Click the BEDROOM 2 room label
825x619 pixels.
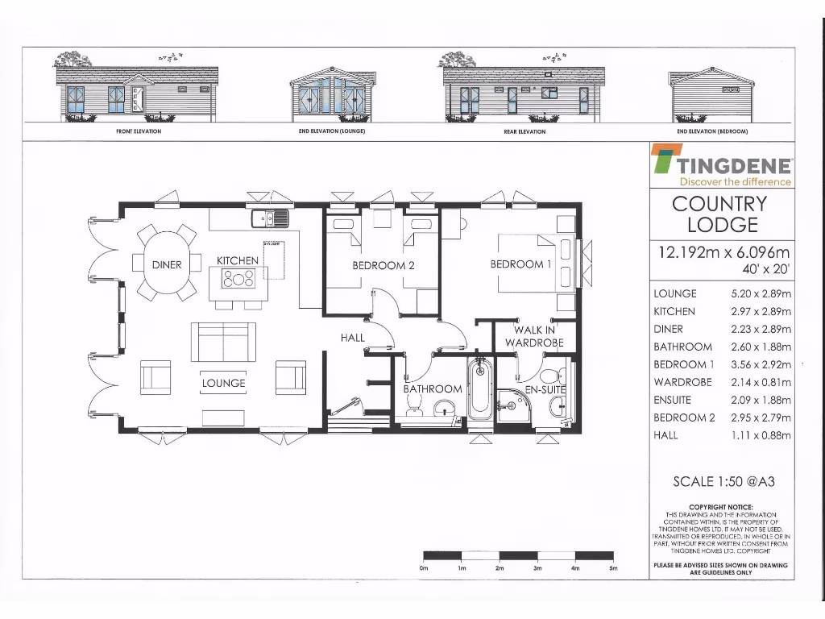[x=383, y=265]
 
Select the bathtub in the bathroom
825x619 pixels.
[x=480, y=390]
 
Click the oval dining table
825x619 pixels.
[x=168, y=262]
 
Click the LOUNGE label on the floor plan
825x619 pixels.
[x=223, y=383]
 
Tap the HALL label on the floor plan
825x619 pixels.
[x=353, y=338]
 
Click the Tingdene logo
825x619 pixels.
[x=722, y=165]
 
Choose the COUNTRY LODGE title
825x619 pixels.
[x=719, y=214]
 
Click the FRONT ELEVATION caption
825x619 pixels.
[x=139, y=131]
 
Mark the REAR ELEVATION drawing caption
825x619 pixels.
[x=524, y=131]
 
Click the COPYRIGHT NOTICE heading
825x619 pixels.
[x=720, y=507]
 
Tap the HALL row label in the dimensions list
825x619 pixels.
[x=666, y=435]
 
